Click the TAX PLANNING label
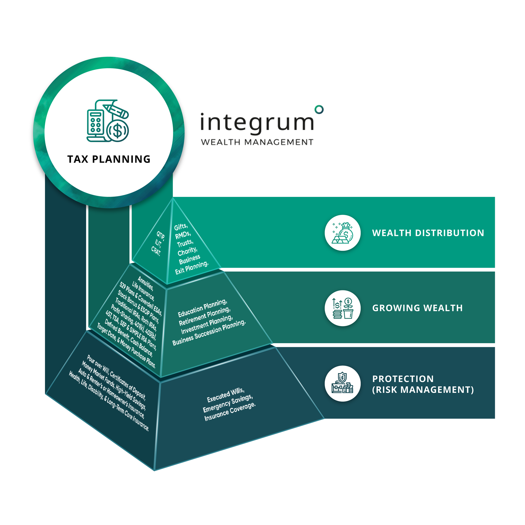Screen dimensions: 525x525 (109, 159)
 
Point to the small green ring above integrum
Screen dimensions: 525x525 (319, 109)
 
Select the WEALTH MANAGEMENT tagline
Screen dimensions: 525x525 (257, 142)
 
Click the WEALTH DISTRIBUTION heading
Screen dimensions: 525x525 (428, 233)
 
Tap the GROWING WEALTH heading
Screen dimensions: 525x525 (417, 308)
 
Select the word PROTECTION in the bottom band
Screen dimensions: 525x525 (403, 379)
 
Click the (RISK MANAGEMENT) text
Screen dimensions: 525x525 (423, 390)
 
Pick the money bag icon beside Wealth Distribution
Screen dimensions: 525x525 (343, 233)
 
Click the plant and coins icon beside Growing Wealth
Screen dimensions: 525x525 (343, 308)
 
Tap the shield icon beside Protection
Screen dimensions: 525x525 (343, 384)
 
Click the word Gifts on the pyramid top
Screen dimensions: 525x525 (181, 227)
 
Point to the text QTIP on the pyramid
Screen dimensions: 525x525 (160, 236)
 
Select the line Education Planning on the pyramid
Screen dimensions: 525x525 (202, 308)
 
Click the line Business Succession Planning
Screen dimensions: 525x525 (209, 332)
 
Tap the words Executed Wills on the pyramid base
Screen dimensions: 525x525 (225, 395)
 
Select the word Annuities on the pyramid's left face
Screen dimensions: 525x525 (145, 283)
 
